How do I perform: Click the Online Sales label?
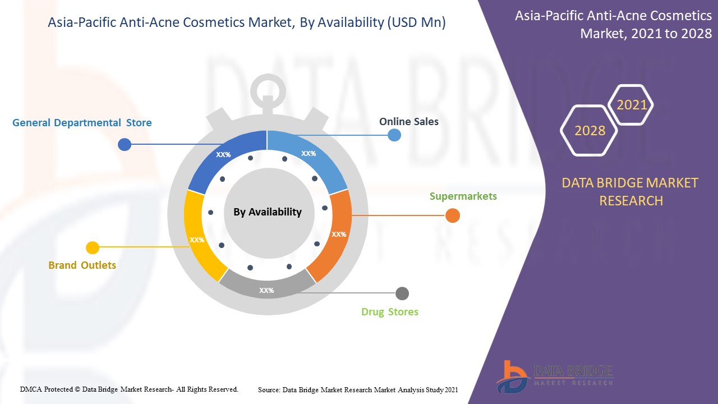409,121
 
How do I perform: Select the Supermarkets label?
463,196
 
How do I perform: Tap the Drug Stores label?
389,312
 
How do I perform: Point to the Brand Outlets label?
82,265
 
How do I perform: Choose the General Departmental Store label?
82,123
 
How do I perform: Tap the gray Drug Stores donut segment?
266,287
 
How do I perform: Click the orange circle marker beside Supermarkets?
452,215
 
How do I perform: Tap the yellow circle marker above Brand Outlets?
93,247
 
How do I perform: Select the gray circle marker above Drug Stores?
402,293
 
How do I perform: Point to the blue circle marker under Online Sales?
394,135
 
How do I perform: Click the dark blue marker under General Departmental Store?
125,145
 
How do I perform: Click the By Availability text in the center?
268,212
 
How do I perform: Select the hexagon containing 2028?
589,131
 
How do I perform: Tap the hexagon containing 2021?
632,104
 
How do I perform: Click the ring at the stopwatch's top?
267,89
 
